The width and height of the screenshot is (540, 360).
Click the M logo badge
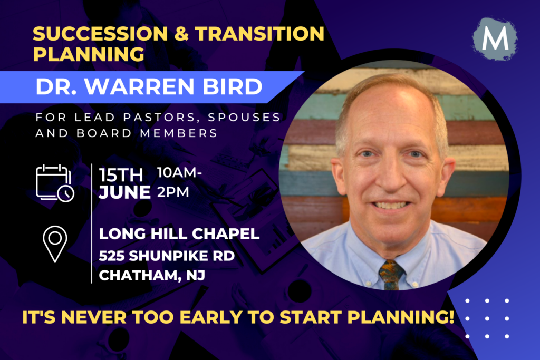[495, 38]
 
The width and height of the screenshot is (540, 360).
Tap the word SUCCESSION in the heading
[100, 34]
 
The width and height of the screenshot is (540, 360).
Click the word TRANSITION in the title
[259, 34]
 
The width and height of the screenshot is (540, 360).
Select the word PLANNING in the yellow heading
[89, 54]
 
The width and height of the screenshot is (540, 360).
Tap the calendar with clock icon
[55, 183]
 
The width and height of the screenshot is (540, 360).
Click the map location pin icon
[55, 244]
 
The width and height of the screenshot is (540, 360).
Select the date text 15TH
[121, 175]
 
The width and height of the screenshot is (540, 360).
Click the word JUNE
[124, 192]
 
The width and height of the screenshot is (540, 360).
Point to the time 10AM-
[179, 172]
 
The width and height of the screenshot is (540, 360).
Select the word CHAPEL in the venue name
[226, 233]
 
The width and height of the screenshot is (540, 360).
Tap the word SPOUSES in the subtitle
[245, 117]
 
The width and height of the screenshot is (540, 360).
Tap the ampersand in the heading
[181, 34]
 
